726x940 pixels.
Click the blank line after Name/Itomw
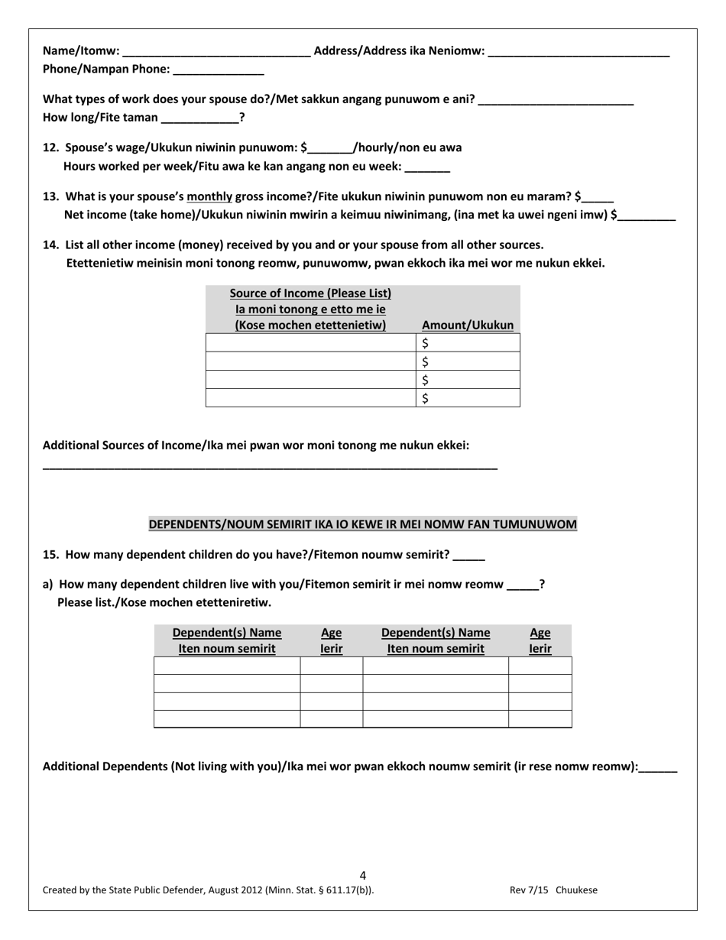[x=216, y=53]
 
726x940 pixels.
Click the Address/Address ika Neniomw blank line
[x=578, y=53]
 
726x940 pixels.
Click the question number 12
[x=50, y=147]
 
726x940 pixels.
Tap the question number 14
[x=50, y=245]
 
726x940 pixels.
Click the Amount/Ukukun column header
[x=468, y=326]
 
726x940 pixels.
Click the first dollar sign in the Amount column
[x=426, y=344]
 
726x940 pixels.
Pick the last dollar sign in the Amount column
[x=426, y=398]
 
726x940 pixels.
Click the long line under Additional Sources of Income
[x=270, y=467]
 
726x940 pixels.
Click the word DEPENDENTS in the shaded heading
[x=184, y=524]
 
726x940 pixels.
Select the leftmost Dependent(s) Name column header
[x=227, y=633]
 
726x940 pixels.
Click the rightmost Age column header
[x=540, y=633]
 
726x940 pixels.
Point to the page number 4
[x=362, y=876]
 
